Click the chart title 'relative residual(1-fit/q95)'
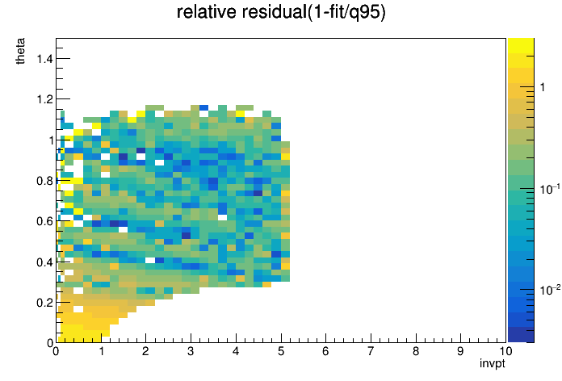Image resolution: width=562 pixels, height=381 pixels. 281,12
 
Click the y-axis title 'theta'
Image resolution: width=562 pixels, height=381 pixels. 21,51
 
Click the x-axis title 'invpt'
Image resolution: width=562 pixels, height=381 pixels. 493,363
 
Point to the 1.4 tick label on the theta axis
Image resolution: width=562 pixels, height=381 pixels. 44,58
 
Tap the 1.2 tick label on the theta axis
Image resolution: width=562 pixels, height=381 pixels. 44,99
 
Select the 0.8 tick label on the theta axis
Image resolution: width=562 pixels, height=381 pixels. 44,181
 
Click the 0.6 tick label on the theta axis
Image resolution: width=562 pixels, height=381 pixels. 44,221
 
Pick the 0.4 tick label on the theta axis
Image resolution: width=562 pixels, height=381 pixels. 44,262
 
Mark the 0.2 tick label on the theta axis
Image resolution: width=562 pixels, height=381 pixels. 44,303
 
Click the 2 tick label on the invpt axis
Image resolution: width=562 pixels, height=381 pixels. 145,351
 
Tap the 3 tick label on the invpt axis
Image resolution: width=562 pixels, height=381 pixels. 191,351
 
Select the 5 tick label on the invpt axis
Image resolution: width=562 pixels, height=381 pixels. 281,351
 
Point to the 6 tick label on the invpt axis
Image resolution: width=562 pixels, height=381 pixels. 325,351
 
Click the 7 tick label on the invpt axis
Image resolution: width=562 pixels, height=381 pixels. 371,351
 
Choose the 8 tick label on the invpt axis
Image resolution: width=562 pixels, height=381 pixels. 415,351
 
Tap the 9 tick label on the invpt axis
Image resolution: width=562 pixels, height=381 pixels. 460,351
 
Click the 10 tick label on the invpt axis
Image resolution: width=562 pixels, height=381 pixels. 505,351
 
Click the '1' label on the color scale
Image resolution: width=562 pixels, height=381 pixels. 543,87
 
